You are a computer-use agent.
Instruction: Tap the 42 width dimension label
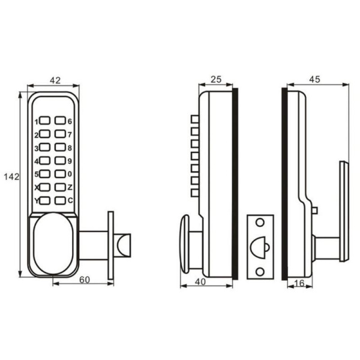coord(54,79)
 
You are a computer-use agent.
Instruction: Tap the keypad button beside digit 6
coord(59,121)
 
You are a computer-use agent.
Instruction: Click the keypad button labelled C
coord(59,200)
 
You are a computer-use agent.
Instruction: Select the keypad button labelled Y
coord(45,200)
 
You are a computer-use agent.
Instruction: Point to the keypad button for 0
coord(59,174)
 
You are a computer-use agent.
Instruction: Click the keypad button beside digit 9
coord(59,161)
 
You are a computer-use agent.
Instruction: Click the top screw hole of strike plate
coord(260,223)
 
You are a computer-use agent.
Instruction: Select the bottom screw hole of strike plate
coord(260,271)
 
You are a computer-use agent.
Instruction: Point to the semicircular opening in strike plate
coord(260,246)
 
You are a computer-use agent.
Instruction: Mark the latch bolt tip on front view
coord(124,245)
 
